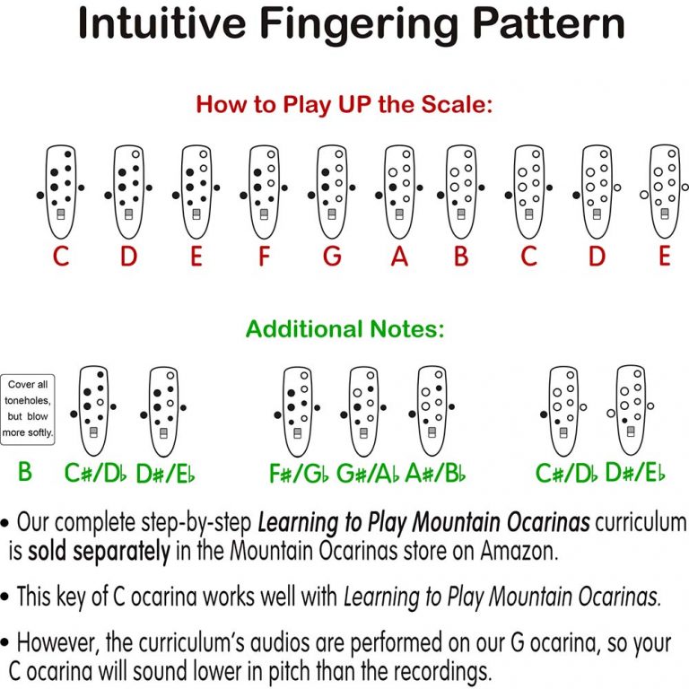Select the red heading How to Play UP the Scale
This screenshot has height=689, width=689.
[x=344, y=105]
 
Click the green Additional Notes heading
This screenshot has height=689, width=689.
[x=344, y=329]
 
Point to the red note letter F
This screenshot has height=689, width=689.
[x=264, y=257]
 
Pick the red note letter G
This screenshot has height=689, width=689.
[x=332, y=257]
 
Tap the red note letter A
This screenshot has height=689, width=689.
[x=399, y=257]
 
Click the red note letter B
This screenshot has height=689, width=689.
[x=461, y=257]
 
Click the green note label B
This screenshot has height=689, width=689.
[x=24, y=472]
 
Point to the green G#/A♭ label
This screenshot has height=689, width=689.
[x=368, y=473]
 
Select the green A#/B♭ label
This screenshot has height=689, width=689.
[x=436, y=473]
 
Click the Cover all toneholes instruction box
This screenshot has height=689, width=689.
[x=28, y=409]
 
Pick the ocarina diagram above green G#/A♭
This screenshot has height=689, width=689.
[x=364, y=410]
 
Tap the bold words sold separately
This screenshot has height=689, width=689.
[x=99, y=552]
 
